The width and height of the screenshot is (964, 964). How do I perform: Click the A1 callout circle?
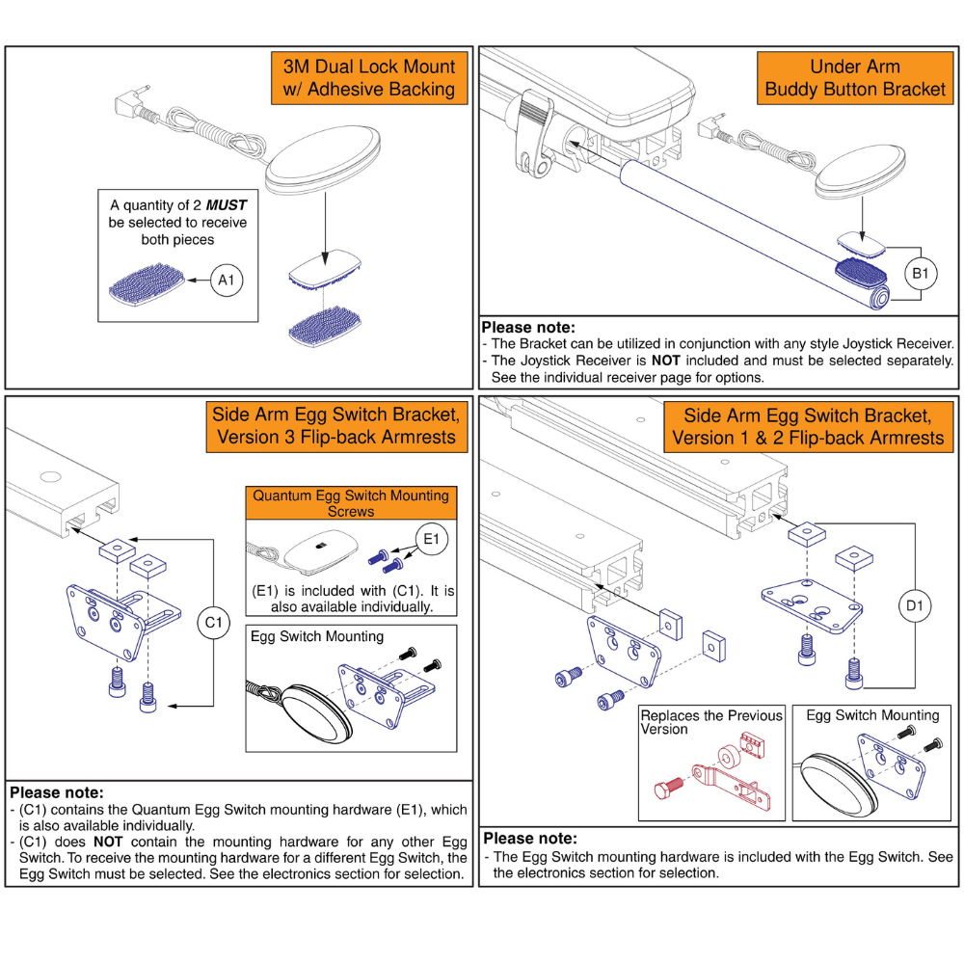226,281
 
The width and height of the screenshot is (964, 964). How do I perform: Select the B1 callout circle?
920,273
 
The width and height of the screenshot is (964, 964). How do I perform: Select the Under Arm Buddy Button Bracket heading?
855,78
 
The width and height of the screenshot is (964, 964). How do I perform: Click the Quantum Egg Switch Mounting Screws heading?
350,502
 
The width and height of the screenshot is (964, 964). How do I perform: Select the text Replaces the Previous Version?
711,722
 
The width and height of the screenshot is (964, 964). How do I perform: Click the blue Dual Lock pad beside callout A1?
146,284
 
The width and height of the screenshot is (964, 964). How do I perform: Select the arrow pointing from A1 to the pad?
198,281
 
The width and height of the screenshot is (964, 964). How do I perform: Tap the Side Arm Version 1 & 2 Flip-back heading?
808,427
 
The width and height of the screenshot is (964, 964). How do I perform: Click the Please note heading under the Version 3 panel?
55,791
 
